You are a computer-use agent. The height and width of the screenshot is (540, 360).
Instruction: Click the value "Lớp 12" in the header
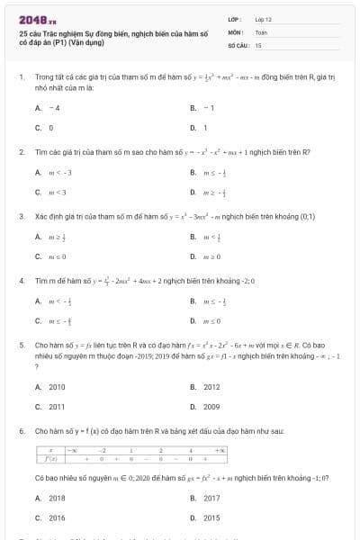tap(264, 19)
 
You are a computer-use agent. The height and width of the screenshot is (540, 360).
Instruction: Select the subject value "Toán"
tap(261, 31)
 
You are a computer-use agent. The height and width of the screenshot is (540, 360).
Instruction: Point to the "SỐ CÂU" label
tap(238, 44)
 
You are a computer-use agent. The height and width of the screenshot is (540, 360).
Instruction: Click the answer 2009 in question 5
tap(211, 407)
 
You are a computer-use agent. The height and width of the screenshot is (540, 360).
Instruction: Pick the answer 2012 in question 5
tap(211, 387)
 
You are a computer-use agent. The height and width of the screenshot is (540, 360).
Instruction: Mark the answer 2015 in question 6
tap(211, 517)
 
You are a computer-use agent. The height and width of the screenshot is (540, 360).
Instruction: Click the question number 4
tap(21, 280)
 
